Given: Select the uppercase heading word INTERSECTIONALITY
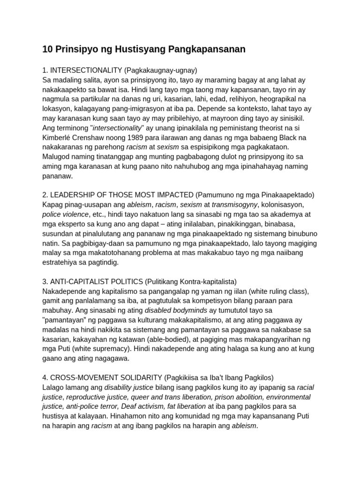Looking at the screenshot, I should (86, 70).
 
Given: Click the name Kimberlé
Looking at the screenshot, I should (59, 137).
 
